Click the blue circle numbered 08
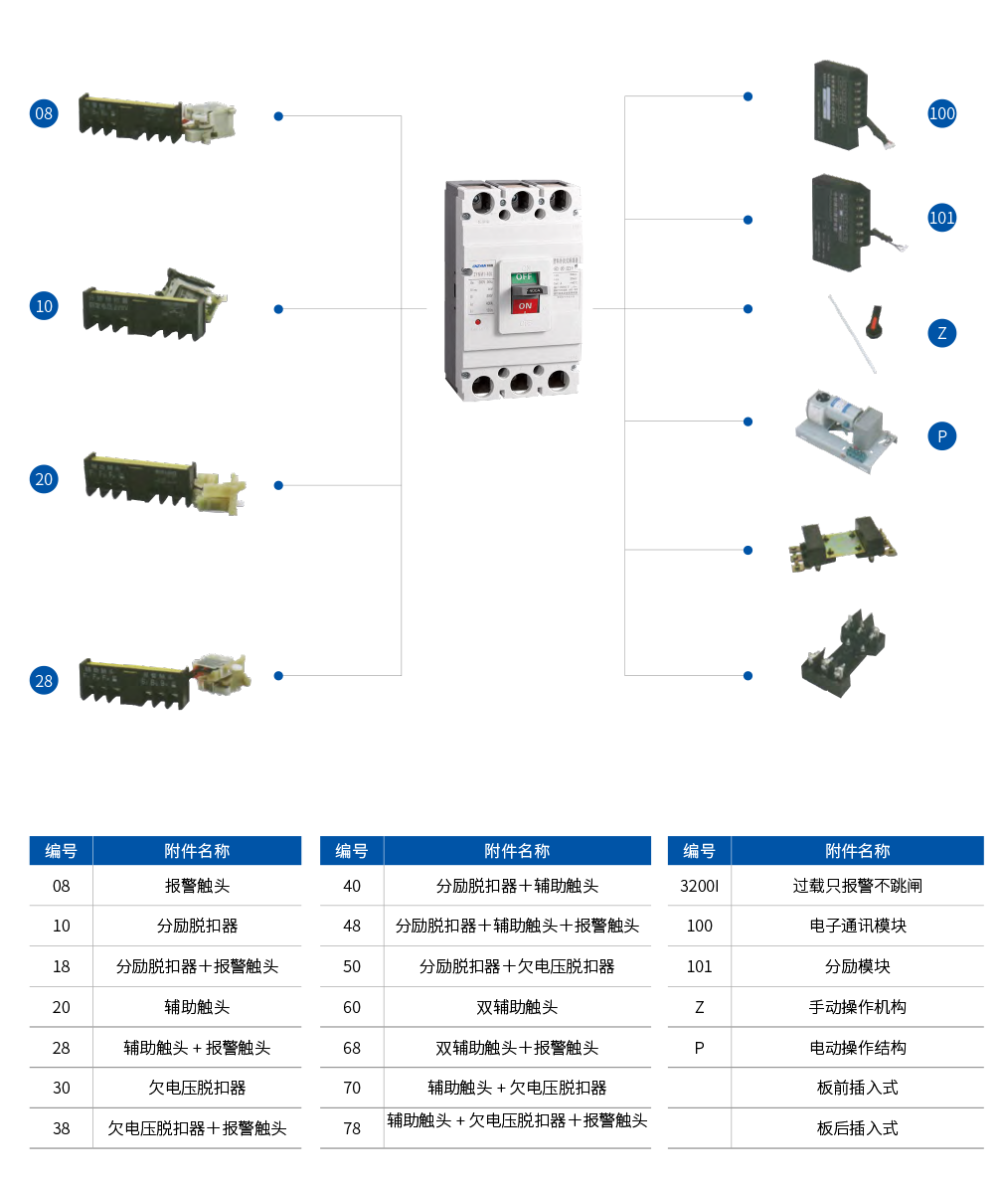pyautogui.click(x=44, y=113)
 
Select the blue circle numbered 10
pyautogui.click(x=44, y=306)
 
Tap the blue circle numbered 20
pyautogui.click(x=44, y=479)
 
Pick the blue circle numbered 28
pyautogui.click(x=44, y=681)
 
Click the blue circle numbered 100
pyautogui.click(x=941, y=113)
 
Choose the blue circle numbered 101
pyautogui.click(x=941, y=218)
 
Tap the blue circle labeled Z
pyautogui.click(x=942, y=333)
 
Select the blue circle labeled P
pyautogui.click(x=942, y=436)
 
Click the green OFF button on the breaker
pyautogui.click(x=525, y=275)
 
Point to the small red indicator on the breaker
pyautogui.click(x=478, y=322)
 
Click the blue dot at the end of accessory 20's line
pyautogui.click(x=278, y=485)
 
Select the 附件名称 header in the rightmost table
pyautogui.click(x=857, y=851)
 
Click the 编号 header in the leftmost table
pyautogui.click(x=61, y=851)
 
